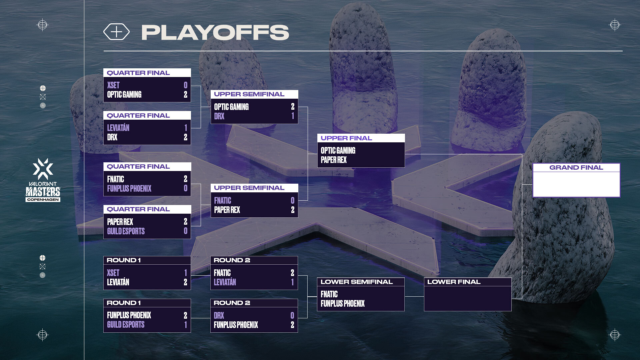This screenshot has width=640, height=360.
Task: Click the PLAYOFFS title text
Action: pos(215,32)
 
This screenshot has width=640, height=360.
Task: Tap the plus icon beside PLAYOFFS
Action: pos(116,32)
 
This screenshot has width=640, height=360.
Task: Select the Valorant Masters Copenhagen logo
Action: pos(43,180)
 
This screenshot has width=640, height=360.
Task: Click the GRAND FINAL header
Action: pos(576,168)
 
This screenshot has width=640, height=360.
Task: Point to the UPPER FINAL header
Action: pos(346,138)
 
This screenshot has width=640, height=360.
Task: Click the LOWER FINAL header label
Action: pos(454,282)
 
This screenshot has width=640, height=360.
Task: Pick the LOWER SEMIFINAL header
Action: pos(356,282)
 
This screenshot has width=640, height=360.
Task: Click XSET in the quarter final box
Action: pos(113,85)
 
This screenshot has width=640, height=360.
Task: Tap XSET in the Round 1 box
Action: pos(113,273)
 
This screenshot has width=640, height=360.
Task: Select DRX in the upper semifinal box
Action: pos(219,116)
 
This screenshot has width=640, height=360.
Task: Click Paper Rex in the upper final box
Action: pos(334,160)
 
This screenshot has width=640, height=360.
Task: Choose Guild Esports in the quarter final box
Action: pos(126,231)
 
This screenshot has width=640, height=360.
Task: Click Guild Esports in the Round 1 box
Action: pos(126,325)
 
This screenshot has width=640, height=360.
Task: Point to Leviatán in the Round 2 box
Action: pos(225,282)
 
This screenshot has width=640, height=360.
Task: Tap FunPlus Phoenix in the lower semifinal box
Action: pos(342,304)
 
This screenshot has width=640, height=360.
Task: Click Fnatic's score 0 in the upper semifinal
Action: pos(292,201)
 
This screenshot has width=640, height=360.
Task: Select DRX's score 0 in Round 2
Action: pos(292,316)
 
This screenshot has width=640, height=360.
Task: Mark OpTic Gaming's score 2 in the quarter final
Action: pos(185,95)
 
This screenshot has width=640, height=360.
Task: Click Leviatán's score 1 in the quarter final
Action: pos(186,128)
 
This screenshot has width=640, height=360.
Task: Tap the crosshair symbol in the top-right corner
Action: pos(615,25)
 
